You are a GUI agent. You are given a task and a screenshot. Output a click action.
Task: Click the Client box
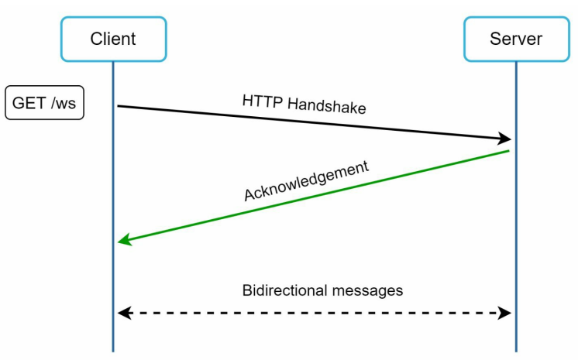[113, 39]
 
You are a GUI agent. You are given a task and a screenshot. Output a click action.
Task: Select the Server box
[516, 39]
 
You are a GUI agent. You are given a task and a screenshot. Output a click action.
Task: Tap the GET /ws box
[44, 103]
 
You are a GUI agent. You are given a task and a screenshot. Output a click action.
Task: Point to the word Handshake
[326, 106]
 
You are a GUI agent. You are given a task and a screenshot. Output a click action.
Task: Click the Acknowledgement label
[308, 181]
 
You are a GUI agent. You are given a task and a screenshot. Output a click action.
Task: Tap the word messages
[367, 291]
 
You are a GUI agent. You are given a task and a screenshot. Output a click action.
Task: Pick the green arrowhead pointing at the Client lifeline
[124, 242]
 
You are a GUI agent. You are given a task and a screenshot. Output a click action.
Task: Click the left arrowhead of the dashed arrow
[123, 313]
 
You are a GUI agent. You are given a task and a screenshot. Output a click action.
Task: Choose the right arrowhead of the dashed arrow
[505, 313]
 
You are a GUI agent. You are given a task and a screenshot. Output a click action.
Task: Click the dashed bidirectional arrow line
[314, 313]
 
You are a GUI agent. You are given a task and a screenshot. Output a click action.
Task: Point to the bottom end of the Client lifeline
[113, 350]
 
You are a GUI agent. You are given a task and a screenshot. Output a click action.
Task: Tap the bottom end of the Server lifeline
[516, 350]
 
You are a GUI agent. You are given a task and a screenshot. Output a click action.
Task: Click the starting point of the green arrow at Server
[508, 151]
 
